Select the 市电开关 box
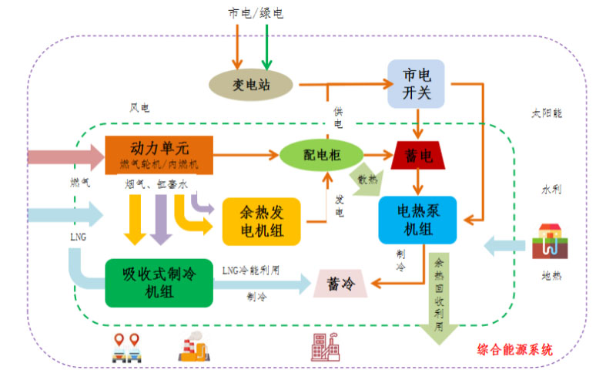[416, 83]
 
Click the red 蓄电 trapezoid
[417, 155]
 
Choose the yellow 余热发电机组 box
[260, 220]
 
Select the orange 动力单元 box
[159, 154]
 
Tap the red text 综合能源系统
[515, 349]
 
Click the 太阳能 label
[547, 113]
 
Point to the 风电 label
[140, 109]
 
